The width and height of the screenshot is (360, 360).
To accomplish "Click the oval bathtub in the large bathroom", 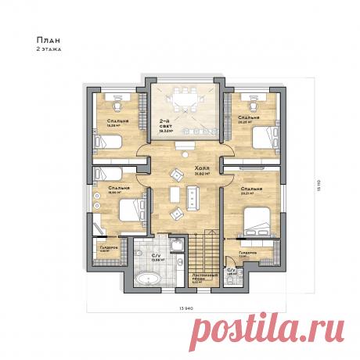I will [x=147, y=278].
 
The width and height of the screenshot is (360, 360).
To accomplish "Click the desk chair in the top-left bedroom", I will [x=116, y=101].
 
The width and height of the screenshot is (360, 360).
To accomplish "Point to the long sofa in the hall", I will [x=193, y=197].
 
